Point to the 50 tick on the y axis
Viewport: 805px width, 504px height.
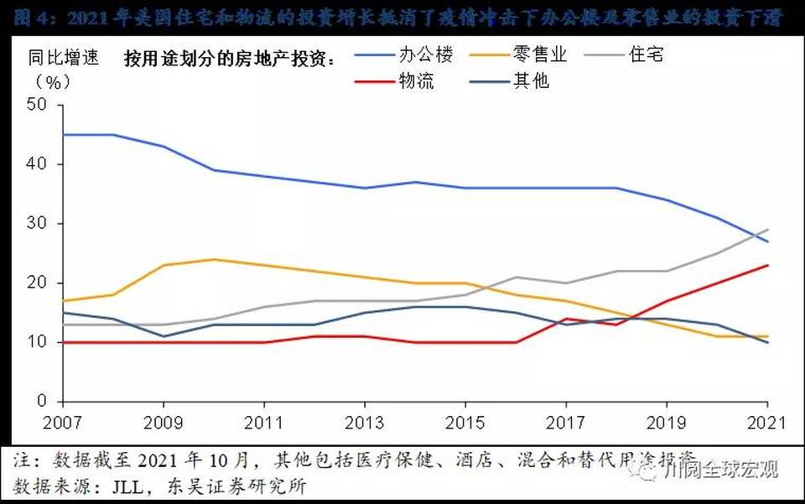pos(39,105)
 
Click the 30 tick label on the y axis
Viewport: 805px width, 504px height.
pos(39,224)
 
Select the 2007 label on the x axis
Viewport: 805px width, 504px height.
pos(63,423)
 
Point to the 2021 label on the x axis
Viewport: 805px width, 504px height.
pos(767,423)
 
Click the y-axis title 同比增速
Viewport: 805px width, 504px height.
pos(64,58)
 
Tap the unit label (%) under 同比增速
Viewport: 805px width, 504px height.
pos(53,82)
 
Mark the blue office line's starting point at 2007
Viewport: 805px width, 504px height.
pos(64,134)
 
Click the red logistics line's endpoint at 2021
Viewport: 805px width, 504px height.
pos(768,265)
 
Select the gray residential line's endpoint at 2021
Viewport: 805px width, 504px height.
pos(768,229)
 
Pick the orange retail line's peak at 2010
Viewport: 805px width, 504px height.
pos(215,259)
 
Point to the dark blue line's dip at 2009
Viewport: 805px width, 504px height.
pos(164,336)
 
